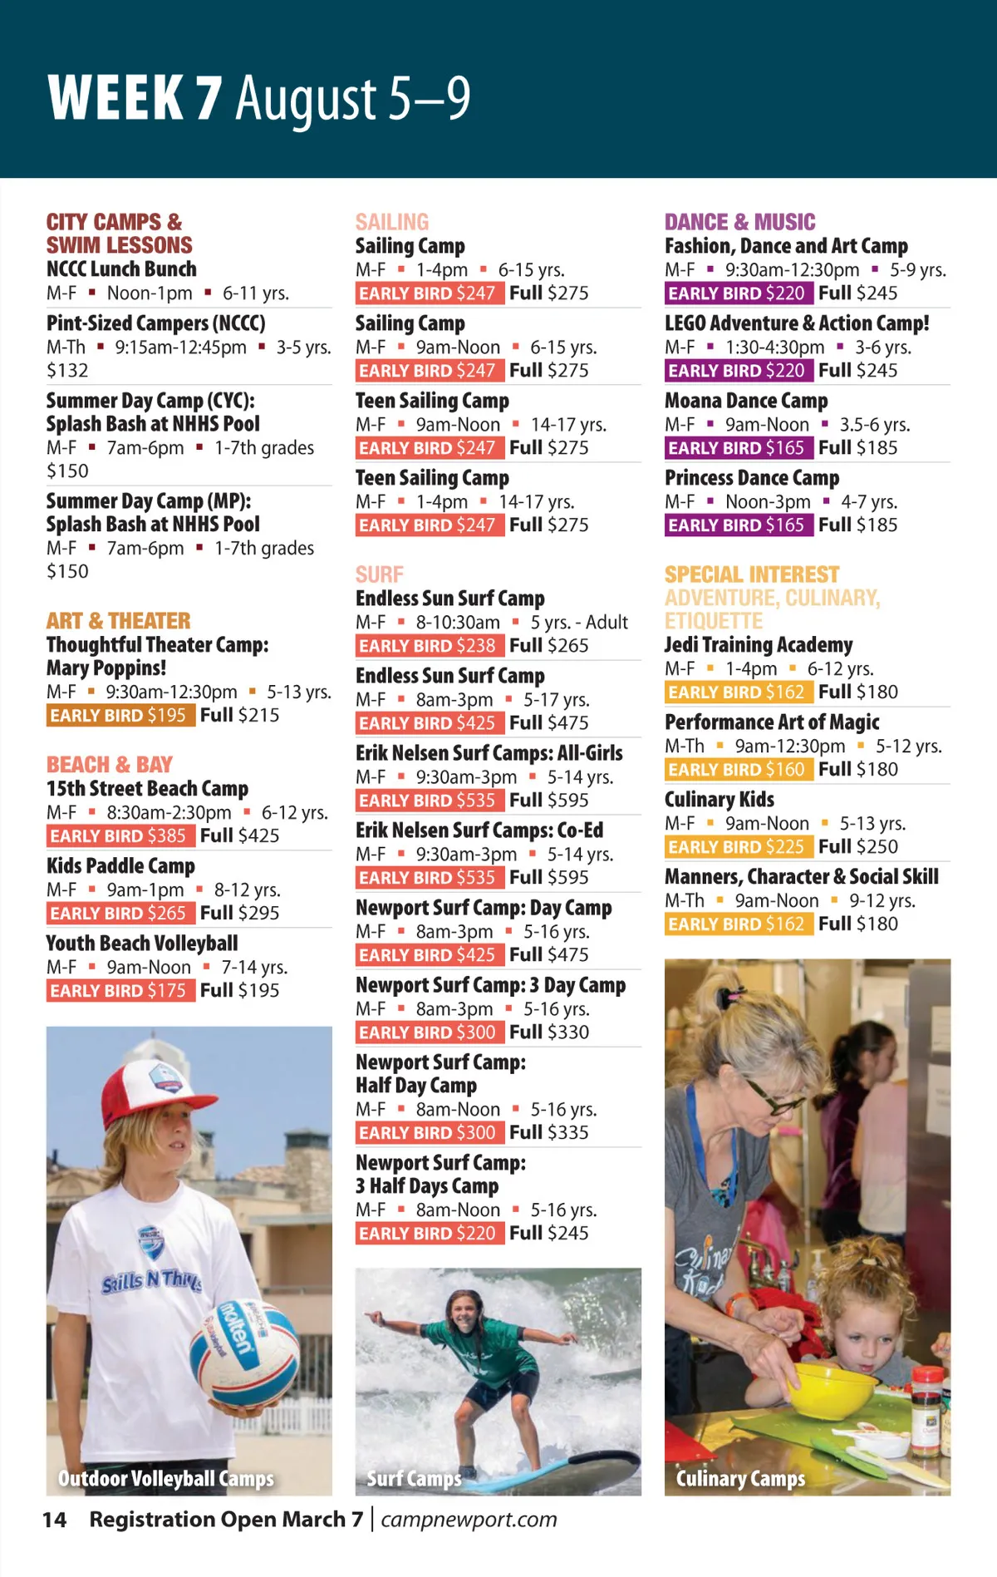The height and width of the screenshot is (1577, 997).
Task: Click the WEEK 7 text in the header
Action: (x=135, y=98)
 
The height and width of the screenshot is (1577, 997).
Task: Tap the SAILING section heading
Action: (x=392, y=222)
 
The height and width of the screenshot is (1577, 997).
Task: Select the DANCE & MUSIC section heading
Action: (x=739, y=222)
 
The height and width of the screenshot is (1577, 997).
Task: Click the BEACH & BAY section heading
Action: (x=109, y=764)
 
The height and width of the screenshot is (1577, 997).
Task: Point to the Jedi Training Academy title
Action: (x=758, y=645)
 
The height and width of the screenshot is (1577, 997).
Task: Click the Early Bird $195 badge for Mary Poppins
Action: (x=120, y=715)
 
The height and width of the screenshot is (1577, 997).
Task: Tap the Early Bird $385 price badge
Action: (x=120, y=835)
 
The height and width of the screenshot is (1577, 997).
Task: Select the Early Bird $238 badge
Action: (x=429, y=645)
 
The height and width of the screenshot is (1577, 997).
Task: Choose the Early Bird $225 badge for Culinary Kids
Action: (x=737, y=846)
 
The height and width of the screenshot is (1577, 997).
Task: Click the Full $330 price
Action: (x=549, y=1032)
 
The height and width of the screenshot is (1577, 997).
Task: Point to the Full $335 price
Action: (x=549, y=1132)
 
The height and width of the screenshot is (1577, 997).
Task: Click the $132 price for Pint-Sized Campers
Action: (x=67, y=370)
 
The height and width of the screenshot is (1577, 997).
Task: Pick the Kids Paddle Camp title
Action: (x=120, y=866)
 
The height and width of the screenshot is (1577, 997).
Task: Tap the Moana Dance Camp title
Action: (x=746, y=401)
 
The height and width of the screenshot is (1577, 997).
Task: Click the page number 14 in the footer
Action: (x=55, y=1520)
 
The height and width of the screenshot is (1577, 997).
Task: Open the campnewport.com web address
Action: (x=469, y=1520)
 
